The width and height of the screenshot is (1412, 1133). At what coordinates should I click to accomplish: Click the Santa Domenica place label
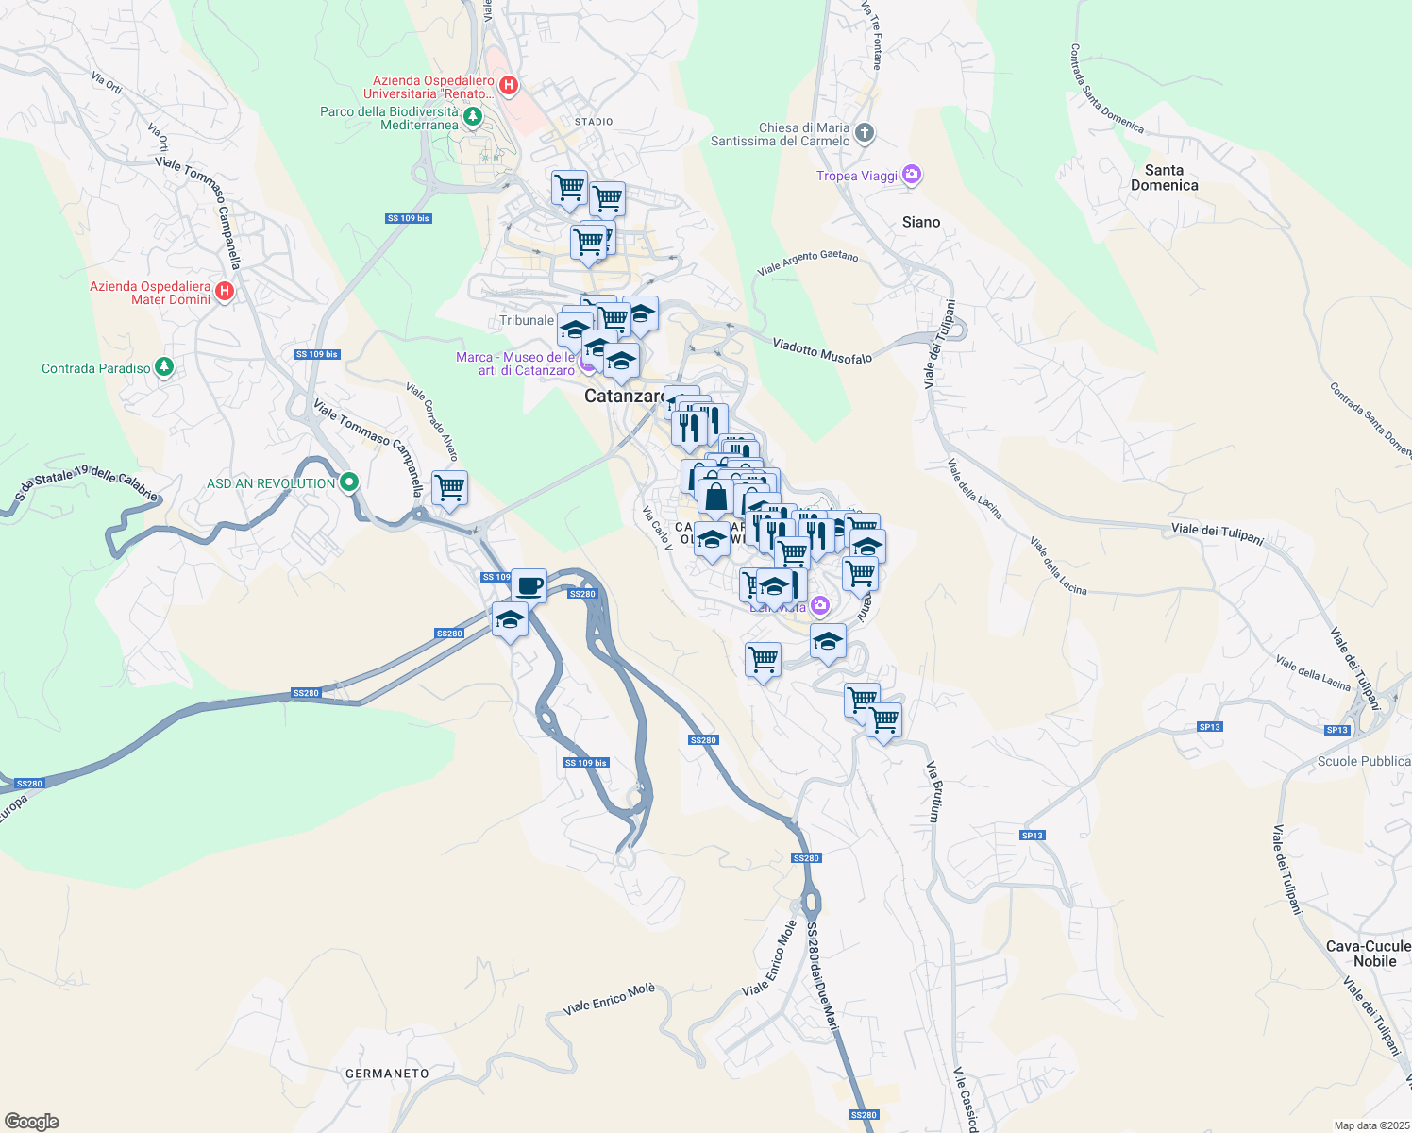[1164, 178]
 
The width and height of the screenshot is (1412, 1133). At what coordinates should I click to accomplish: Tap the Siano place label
[920, 222]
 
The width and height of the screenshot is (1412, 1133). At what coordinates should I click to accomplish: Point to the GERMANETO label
[387, 1074]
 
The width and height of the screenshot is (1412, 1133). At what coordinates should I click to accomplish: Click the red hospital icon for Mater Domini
[225, 291]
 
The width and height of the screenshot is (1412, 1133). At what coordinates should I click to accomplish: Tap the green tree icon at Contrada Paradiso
[164, 367]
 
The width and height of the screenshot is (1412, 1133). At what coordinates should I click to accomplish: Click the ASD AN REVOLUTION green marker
[349, 483]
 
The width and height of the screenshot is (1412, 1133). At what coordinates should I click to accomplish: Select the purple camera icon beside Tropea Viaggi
[911, 175]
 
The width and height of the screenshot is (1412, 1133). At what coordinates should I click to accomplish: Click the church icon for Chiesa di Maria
[865, 133]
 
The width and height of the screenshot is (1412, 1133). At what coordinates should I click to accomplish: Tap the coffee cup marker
[529, 585]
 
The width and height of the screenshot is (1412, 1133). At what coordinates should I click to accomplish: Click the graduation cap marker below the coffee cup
[510, 620]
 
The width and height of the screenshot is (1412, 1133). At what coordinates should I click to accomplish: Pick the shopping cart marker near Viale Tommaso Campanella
[450, 488]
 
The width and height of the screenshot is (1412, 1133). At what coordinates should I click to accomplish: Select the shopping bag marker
[716, 496]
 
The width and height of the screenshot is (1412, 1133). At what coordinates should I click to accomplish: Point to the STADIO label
[594, 122]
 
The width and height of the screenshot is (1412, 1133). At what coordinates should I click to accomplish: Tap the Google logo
[32, 1122]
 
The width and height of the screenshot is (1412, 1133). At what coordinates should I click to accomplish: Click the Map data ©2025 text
[1370, 1125]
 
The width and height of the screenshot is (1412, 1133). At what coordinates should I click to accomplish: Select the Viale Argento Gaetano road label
[808, 262]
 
